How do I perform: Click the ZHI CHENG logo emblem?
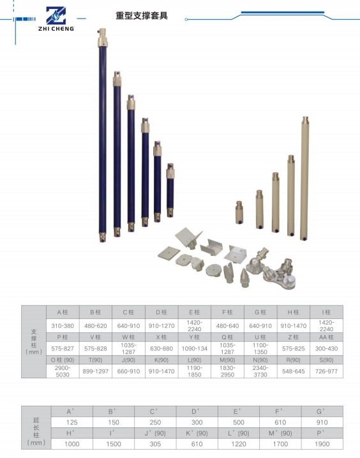[x=56, y=15]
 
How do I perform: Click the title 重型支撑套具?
[x=142, y=15]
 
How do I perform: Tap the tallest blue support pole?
[x=102, y=135]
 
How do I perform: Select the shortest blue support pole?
[x=170, y=190]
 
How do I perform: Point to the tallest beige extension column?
[x=304, y=178]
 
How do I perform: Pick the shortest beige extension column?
[x=239, y=212]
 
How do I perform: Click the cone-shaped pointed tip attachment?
[x=244, y=277]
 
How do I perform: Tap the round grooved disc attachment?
[x=213, y=270]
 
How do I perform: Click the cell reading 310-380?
[x=63, y=326]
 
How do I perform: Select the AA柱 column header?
[x=326, y=337]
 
